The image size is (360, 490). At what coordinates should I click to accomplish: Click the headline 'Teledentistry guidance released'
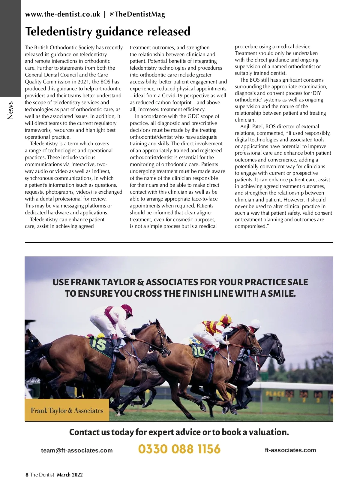[108, 32]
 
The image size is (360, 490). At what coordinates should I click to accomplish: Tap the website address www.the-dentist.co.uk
[62, 14]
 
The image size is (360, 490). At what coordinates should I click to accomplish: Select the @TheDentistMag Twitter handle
[137, 14]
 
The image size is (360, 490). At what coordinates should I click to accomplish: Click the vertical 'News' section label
[10, 110]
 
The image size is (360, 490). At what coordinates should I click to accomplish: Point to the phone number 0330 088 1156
[179, 449]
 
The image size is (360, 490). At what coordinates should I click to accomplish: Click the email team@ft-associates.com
[77, 450]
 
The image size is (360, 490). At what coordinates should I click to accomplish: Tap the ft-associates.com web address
[290, 450]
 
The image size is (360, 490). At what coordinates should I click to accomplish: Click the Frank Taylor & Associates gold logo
[67, 410]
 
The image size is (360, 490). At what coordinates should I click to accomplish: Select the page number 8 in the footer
[27, 475]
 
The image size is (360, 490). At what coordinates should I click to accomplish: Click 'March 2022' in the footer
[70, 475]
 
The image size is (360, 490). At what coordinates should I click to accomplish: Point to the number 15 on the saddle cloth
[99, 344]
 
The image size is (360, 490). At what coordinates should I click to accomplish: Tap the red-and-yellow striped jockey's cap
[226, 319]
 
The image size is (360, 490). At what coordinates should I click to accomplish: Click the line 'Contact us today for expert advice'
[179, 432]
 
